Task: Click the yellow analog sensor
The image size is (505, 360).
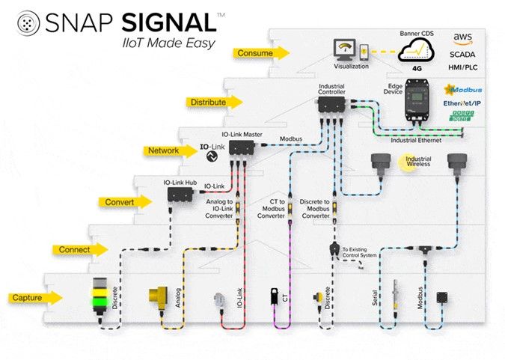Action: [x=160, y=298]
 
